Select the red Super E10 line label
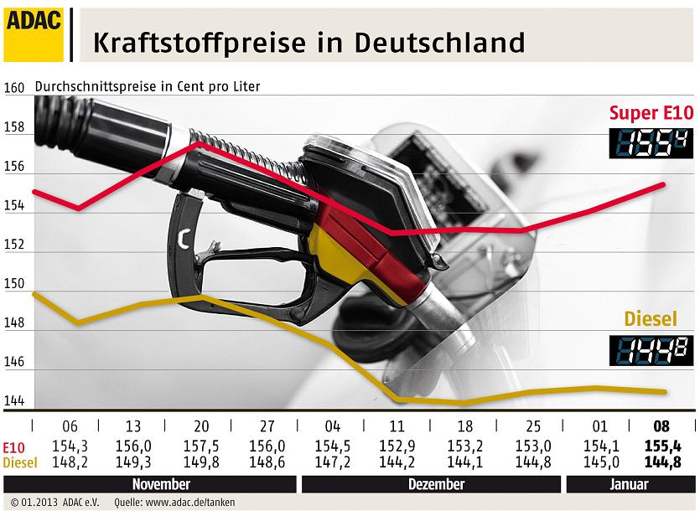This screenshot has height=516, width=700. [651, 112]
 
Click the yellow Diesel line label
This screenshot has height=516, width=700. [650, 319]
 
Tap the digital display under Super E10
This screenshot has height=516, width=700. [650, 144]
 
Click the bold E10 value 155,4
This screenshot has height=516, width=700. [661, 446]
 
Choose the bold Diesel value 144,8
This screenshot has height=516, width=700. [661, 461]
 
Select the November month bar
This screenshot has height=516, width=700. [162, 484]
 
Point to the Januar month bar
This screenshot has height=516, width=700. [629, 484]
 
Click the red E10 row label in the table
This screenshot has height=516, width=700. [14, 446]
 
